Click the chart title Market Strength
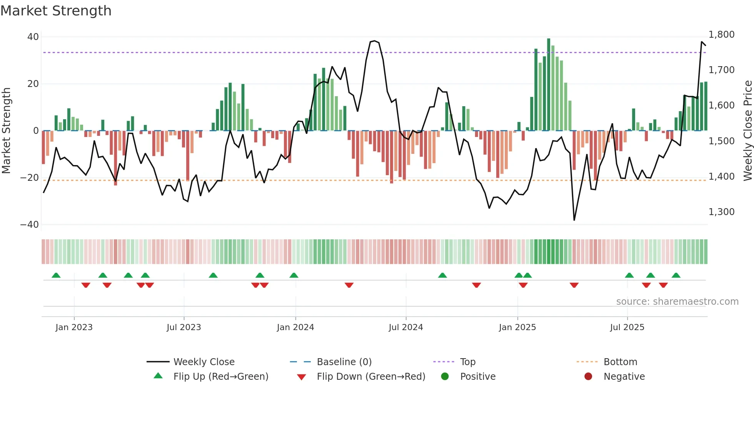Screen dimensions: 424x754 (x=56, y=11)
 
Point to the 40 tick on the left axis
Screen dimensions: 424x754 (x=33, y=37)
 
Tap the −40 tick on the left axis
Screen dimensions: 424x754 (x=30, y=225)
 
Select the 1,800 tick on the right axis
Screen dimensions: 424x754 (x=721, y=35)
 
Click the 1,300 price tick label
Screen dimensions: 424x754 (x=721, y=212)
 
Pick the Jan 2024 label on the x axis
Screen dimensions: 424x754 (x=295, y=327)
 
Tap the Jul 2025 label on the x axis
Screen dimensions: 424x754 (x=627, y=327)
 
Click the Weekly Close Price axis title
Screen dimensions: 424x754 (x=747, y=130)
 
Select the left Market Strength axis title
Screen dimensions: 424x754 (x=7, y=130)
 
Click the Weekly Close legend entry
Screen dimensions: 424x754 (x=204, y=362)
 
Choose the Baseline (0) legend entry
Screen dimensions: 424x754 (x=344, y=362)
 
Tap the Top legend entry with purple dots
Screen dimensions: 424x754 (x=467, y=362)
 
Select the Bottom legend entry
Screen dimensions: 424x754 (x=620, y=362)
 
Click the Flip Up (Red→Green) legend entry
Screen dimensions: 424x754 (x=220, y=377)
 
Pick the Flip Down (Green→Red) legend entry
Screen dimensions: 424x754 (x=371, y=377)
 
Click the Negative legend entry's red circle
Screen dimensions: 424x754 (x=588, y=377)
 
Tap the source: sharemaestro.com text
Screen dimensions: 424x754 (x=677, y=302)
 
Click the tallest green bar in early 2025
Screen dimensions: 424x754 (x=549, y=85)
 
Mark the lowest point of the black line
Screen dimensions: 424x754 (x=574, y=220)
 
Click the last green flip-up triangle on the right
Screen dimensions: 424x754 (x=676, y=275)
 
